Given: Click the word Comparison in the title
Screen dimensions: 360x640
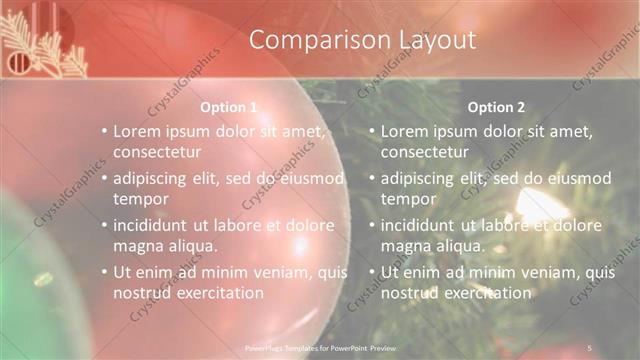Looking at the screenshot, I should click(311, 40).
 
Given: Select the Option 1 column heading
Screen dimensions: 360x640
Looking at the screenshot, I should click(229, 107).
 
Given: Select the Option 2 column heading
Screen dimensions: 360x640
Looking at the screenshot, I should click(496, 107).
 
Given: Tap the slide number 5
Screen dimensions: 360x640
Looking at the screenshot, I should click(590, 346).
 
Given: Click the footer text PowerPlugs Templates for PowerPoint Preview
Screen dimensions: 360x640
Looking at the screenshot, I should click(319, 346).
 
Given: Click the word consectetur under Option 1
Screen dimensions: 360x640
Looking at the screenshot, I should click(158, 152).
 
